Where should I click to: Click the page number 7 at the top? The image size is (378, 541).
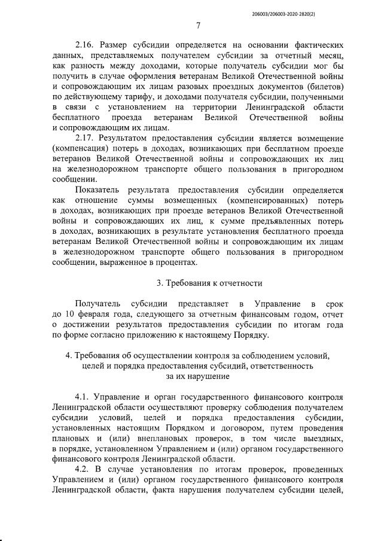(x=198, y=25)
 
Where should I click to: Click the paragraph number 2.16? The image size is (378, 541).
(x=85, y=45)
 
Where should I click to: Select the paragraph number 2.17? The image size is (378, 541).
(x=85, y=137)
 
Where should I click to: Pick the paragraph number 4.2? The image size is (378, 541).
(x=84, y=470)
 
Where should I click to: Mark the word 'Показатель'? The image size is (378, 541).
(x=97, y=189)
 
